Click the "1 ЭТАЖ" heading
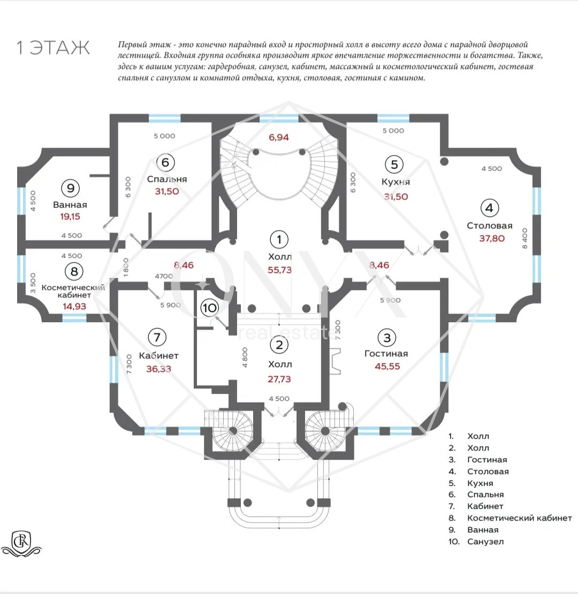click(53, 48)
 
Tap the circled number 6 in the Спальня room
click(165, 163)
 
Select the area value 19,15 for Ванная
click(70, 216)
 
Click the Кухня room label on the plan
click(396, 182)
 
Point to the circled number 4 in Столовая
click(489, 208)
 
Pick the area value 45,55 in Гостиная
click(387, 367)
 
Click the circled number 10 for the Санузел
click(209, 307)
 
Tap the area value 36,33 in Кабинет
click(159, 369)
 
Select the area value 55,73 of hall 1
click(279, 270)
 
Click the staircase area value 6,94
click(279, 137)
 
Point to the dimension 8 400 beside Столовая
click(524, 238)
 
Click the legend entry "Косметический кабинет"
click(519, 518)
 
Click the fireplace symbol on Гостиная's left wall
click(334, 362)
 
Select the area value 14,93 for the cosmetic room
click(74, 306)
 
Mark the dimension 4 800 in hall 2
click(245, 357)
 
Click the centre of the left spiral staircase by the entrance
click(233, 431)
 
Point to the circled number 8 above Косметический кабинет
click(74, 271)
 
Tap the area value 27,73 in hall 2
click(279, 379)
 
